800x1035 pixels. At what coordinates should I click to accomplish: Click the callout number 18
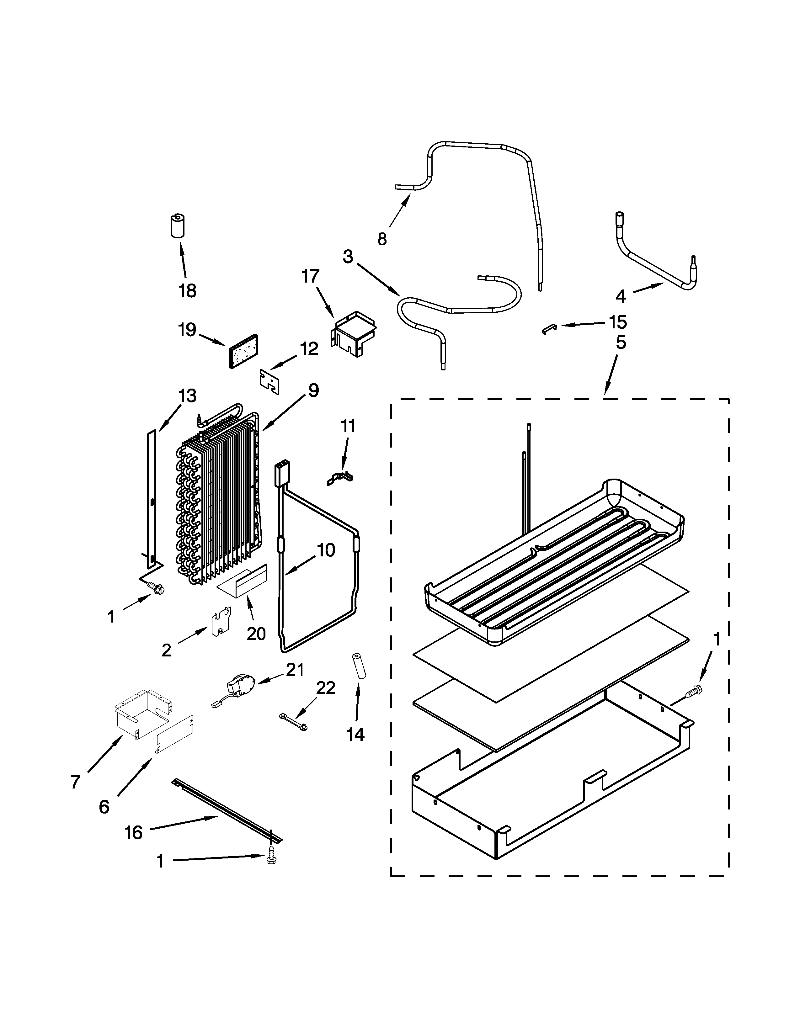pyautogui.click(x=188, y=290)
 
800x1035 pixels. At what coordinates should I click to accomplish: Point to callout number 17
pyautogui.click(x=310, y=276)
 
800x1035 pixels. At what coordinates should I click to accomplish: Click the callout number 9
pyautogui.click(x=313, y=390)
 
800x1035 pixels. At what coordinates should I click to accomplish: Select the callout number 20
pyautogui.click(x=256, y=633)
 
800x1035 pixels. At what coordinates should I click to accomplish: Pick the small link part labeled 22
pyautogui.click(x=293, y=725)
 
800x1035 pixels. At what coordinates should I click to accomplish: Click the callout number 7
pyautogui.click(x=75, y=782)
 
